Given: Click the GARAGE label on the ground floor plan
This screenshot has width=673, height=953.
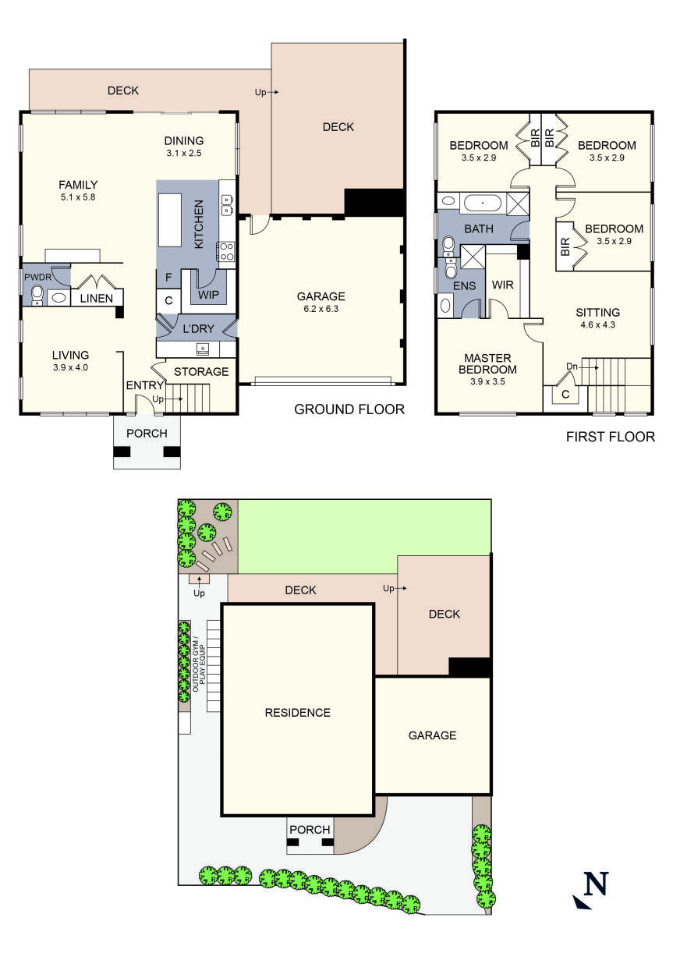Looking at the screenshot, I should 321,296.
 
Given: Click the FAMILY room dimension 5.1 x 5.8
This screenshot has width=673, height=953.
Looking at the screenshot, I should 78,197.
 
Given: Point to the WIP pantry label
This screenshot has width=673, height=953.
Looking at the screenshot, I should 208,296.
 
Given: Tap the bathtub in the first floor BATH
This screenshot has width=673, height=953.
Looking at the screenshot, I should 483,204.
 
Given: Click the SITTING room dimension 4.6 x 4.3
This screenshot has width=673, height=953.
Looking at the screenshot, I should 597,325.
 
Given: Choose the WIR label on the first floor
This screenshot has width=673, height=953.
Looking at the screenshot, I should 501,285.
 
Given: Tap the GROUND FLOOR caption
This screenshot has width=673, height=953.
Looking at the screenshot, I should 349,409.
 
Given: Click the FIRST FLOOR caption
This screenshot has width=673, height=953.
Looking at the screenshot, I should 610,437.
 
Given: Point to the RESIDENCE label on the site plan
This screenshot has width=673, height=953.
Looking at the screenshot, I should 297,712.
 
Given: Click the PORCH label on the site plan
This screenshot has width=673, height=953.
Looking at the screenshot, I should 310,829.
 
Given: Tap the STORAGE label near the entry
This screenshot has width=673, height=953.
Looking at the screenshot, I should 201,371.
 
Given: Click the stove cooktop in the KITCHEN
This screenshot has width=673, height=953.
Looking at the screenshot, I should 227,251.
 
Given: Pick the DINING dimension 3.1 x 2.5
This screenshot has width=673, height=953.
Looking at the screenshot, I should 183,154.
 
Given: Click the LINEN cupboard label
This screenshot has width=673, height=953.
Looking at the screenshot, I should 97,298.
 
